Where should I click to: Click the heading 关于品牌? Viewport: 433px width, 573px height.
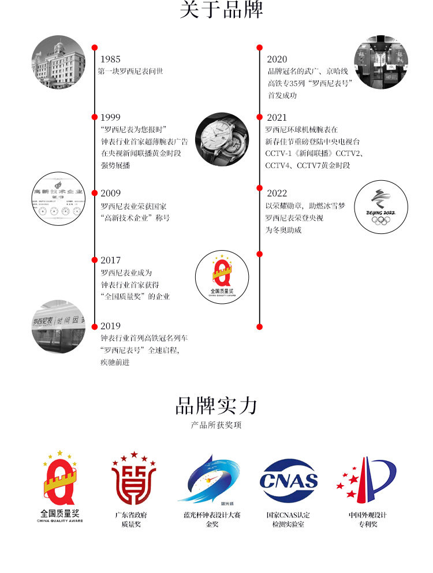click(x=221, y=10)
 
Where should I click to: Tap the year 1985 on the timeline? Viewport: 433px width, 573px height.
click(x=110, y=59)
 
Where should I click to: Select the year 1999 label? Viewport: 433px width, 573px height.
click(x=110, y=117)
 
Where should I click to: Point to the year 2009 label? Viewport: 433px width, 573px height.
click(x=110, y=193)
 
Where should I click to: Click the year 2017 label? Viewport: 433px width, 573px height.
click(x=110, y=260)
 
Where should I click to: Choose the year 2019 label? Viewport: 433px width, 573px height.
click(x=110, y=326)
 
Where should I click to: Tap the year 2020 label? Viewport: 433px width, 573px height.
click(x=277, y=59)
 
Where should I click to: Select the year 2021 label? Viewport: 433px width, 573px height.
click(x=277, y=117)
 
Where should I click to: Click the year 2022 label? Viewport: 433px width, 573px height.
click(x=277, y=193)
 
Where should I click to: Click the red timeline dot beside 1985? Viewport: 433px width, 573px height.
click(x=95, y=47)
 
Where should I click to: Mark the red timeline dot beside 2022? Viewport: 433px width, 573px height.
click(x=260, y=187)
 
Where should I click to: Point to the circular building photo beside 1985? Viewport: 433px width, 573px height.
click(x=58, y=62)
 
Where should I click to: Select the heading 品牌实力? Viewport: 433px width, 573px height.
click(x=216, y=406)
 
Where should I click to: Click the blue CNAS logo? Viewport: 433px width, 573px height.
click(x=289, y=481)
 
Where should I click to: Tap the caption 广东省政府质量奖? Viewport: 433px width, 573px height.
click(x=132, y=519)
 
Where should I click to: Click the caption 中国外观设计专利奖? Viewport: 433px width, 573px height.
click(x=367, y=519)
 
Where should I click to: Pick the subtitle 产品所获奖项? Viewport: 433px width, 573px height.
click(x=216, y=426)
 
